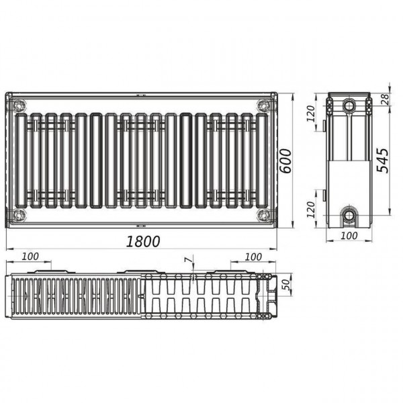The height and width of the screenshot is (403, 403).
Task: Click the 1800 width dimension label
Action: tap(143, 241)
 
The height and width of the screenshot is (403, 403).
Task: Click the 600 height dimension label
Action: tap(285, 161)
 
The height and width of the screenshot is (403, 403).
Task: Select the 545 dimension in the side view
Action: tap(382, 160)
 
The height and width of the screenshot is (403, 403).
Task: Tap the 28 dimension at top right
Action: tap(386, 99)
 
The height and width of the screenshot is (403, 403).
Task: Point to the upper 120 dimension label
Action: tap(311, 114)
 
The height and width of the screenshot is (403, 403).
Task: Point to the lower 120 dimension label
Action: tap(311, 210)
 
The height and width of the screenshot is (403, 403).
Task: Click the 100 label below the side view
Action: tap(349, 236)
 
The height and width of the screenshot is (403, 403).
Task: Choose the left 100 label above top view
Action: tap(30, 257)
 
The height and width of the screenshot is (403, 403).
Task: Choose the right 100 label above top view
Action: tap(253, 257)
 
